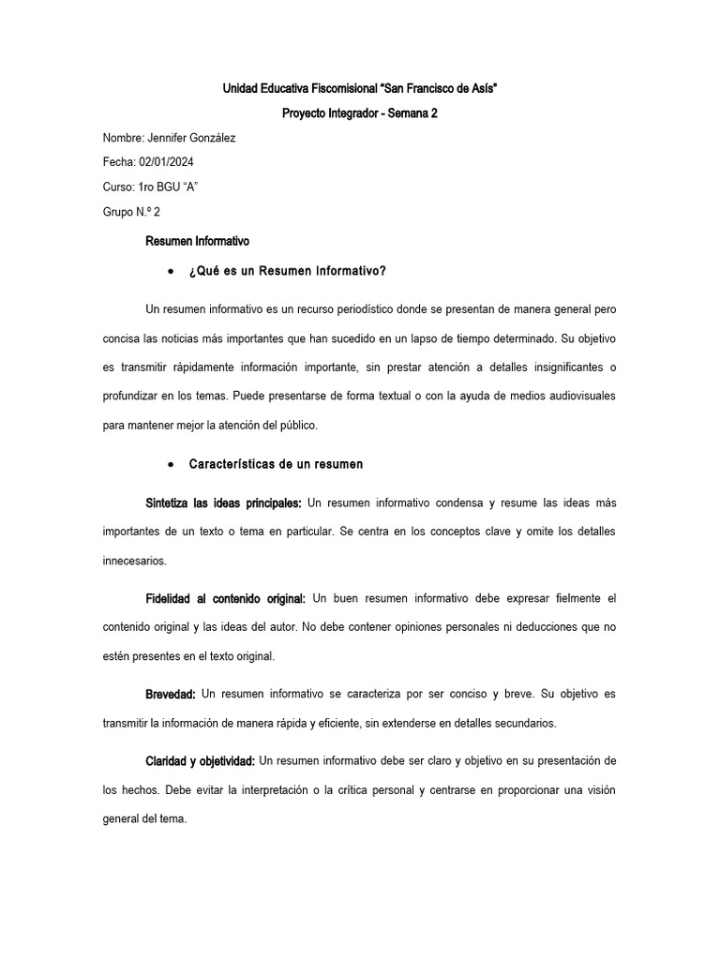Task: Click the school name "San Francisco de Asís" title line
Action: click(360, 88)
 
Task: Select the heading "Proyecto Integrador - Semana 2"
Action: click(360, 113)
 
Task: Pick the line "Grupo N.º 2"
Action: click(131, 212)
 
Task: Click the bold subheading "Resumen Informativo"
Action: click(197, 242)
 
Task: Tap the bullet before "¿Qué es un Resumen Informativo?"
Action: click(169, 272)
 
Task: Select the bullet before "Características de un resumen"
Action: click(169, 464)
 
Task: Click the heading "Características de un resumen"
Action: click(276, 464)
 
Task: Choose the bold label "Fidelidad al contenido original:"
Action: click(225, 598)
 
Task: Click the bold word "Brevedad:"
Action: click(171, 694)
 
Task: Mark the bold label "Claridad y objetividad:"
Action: click(200, 759)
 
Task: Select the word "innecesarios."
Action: click(135, 561)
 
